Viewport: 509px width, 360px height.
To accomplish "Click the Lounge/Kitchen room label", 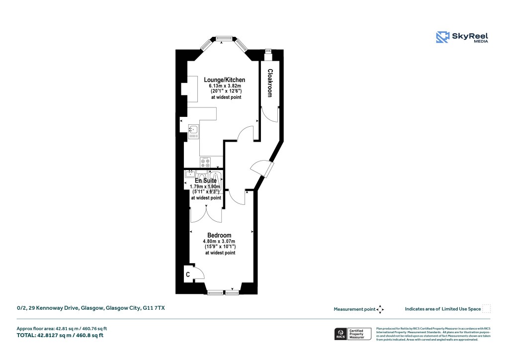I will click(x=225, y=80).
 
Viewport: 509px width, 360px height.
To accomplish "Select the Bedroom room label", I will click(x=219, y=235).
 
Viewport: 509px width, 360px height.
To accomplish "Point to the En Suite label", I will click(x=206, y=181).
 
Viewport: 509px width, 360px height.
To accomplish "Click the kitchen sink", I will click(x=193, y=131).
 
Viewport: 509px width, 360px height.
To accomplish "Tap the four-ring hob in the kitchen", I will click(x=206, y=162).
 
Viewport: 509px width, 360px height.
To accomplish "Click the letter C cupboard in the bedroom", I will click(x=188, y=274).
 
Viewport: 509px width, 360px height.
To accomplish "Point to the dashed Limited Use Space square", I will click(x=487, y=309).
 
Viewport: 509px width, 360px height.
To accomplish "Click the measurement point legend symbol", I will click(x=380, y=309).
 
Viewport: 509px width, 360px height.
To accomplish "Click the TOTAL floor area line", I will click(x=60, y=335).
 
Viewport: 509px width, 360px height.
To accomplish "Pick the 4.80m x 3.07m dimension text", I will click(x=219, y=242).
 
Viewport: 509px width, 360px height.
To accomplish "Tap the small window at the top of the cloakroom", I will click(x=269, y=50).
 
